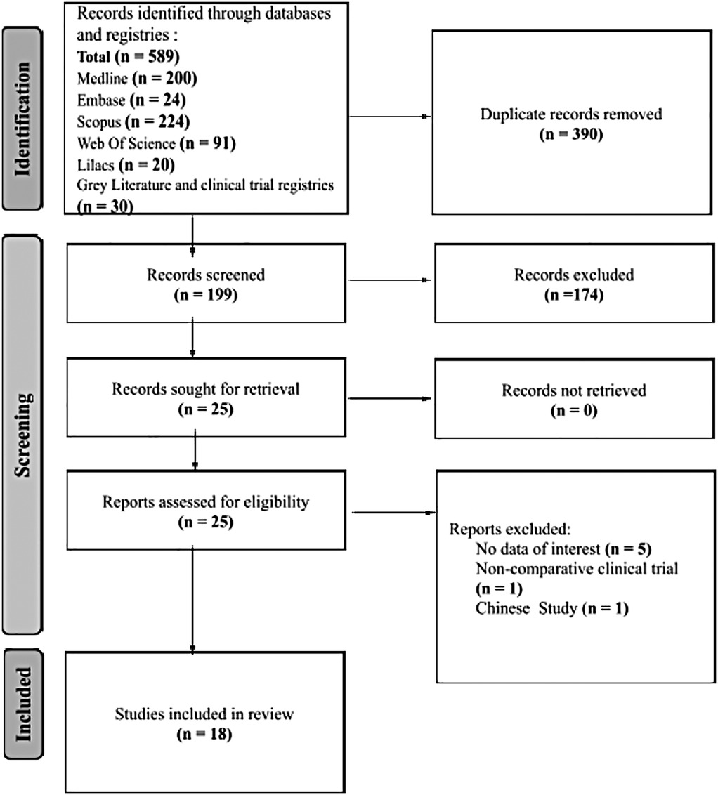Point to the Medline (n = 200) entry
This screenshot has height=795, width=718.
[132, 77]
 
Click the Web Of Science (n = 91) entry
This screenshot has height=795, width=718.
[156, 145]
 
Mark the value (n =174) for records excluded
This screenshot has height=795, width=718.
[573, 294]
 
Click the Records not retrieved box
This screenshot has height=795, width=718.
[573, 399]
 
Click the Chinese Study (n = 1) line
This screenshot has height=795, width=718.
[551, 607]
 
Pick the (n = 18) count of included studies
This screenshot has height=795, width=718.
[204, 735]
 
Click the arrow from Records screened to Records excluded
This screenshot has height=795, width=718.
[390, 282]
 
